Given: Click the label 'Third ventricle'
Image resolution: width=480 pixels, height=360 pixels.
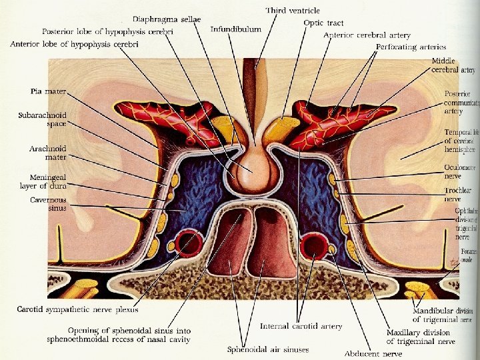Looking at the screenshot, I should click(x=293, y=11).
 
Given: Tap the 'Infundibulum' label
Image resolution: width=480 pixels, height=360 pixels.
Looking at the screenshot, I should click(x=236, y=29).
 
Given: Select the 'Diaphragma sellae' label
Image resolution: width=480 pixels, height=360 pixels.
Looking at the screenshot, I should click(x=167, y=19).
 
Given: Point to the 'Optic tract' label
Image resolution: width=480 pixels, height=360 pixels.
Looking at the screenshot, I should click(x=323, y=23).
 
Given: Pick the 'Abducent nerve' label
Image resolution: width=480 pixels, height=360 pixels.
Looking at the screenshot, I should click(x=373, y=353).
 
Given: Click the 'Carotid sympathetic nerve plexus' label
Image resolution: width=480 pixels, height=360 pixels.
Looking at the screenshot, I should click(x=79, y=309).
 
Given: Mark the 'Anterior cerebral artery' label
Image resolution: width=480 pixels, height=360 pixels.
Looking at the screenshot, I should click(x=367, y=35).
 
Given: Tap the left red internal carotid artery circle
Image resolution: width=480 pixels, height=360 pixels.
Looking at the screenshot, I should click(x=188, y=245).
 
